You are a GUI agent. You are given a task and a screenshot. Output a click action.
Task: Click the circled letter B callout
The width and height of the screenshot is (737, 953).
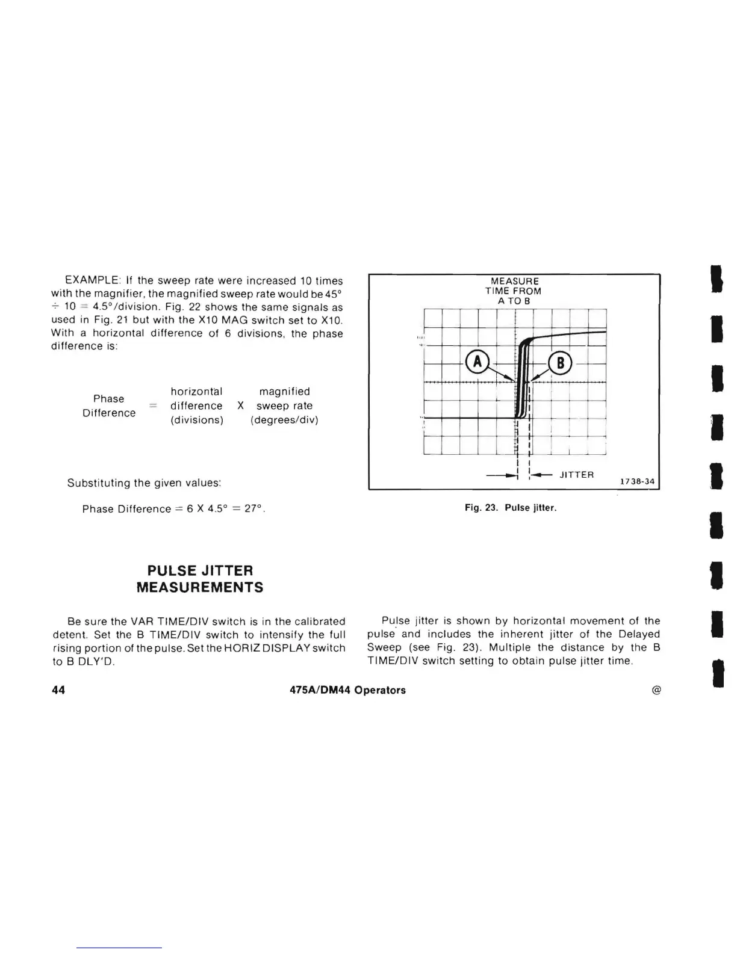pyautogui.click(x=560, y=363)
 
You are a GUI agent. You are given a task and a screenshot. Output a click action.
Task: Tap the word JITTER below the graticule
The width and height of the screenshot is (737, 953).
pyautogui.click(x=576, y=475)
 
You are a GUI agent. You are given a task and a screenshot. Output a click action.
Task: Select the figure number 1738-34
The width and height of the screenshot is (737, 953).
pyautogui.click(x=637, y=481)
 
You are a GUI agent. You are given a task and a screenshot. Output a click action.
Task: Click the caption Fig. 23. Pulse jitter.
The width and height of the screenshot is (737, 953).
pyautogui.click(x=511, y=508)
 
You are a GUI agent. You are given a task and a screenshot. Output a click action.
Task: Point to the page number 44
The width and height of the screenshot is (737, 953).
pyautogui.click(x=58, y=690)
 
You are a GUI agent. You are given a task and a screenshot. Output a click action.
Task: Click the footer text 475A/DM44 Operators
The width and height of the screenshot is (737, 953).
pyautogui.click(x=347, y=690)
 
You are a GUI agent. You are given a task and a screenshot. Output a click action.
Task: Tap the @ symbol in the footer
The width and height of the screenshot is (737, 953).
pyautogui.click(x=656, y=690)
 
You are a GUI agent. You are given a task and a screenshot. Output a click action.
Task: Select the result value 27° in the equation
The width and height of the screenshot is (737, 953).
pyautogui.click(x=255, y=509)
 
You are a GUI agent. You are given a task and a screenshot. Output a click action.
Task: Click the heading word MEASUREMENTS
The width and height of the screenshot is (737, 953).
pyautogui.click(x=200, y=587)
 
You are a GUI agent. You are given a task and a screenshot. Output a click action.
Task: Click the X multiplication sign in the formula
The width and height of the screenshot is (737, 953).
pyautogui.click(x=240, y=406)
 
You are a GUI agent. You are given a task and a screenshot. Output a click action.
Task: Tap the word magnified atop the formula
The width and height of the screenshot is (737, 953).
pyautogui.click(x=284, y=392)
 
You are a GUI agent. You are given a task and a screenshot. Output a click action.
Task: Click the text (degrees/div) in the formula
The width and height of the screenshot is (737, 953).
pyautogui.click(x=284, y=420)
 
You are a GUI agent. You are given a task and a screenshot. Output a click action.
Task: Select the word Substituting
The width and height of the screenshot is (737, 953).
pyautogui.click(x=98, y=483)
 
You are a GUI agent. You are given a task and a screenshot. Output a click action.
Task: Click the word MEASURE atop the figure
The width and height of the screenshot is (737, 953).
pyautogui.click(x=515, y=281)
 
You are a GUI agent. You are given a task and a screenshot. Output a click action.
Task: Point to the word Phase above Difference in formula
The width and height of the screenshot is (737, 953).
pyautogui.click(x=109, y=399)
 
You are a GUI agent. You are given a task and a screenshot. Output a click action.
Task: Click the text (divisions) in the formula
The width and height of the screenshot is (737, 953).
pyautogui.click(x=197, y=420)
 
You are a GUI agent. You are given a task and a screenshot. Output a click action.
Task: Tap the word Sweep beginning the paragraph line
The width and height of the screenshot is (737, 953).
pyautogui.click(x=384, y=647)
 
